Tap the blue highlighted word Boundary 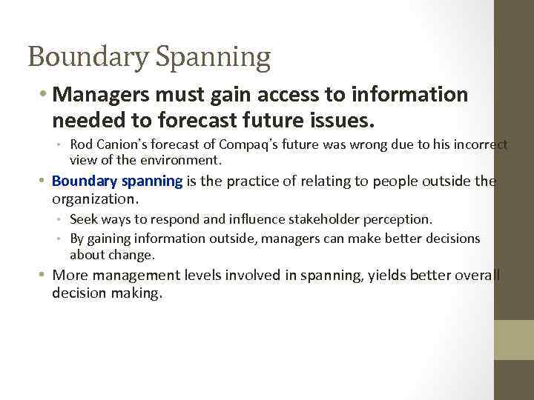81,181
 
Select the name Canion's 117,144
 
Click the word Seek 83,219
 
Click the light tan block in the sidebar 514,340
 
